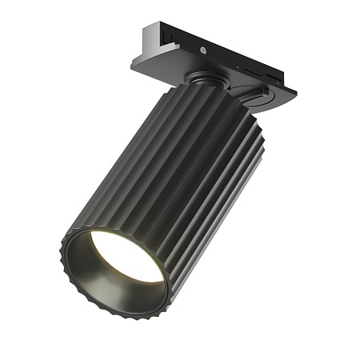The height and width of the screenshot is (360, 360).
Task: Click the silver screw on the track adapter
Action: [x=207, y=50]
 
